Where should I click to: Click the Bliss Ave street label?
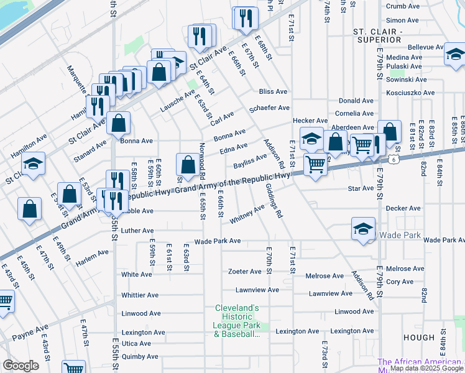click(273, 91)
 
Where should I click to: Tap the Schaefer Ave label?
click(269, 108)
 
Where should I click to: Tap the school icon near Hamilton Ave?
click(33, 164)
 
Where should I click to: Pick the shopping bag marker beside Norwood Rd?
click(188, 165)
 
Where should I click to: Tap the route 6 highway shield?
click(394, 160)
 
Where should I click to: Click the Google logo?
click(21, 366)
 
